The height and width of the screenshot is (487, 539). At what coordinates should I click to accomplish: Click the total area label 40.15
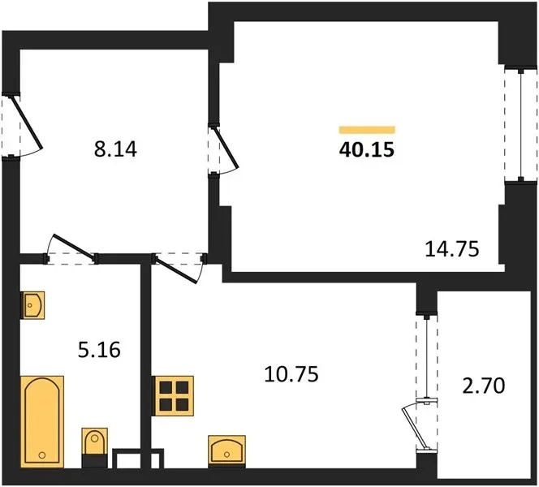(366, 150)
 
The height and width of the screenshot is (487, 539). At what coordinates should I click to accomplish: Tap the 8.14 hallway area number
(115, 149)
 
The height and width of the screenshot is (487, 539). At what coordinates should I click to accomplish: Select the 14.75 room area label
(451, 249)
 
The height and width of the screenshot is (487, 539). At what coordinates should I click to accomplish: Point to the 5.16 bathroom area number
(99, 350)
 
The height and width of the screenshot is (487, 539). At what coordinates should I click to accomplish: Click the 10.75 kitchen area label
(291, 374)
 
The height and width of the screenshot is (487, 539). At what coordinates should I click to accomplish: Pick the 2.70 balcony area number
(484, 386)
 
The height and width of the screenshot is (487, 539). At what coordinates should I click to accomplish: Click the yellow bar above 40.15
(367, 130)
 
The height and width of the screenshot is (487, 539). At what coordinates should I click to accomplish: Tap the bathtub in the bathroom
(42, 422)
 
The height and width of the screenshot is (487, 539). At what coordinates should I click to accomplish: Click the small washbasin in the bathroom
(32, 305)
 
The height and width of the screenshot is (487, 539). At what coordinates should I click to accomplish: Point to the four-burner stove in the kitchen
(173, 396)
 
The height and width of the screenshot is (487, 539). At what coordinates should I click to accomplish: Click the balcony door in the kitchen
(421, 426)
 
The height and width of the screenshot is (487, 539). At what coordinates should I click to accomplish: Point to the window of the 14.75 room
(521, 125)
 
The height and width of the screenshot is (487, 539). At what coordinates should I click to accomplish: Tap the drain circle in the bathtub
(42, 455)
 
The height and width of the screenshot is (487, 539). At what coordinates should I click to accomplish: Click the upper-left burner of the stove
(166, 387)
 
